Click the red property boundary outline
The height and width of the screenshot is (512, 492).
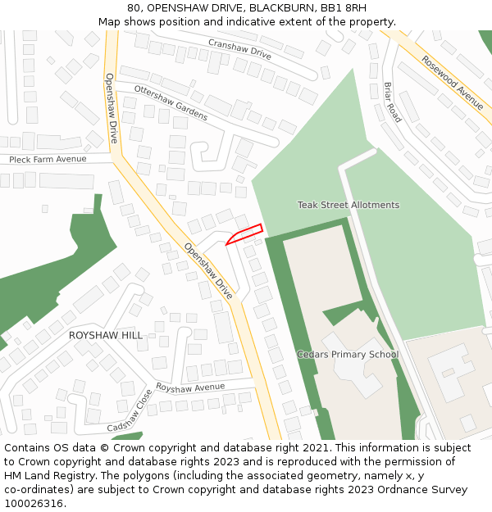tap(244, 233)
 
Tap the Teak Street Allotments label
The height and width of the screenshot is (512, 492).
tap(348, 205)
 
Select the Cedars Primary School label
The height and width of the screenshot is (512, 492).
tap(347, 355)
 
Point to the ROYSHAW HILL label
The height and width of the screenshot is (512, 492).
tap(105, 335)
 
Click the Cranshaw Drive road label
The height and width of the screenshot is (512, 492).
tap(239, 48)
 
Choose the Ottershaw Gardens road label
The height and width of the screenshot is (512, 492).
tap(171, 102)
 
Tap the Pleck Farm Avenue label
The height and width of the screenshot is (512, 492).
tap(48, 159)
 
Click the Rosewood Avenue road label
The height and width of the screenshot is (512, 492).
tap(452, 83)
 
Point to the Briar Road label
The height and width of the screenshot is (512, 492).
tap(393, 102)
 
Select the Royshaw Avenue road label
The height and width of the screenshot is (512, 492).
tap(190, 387)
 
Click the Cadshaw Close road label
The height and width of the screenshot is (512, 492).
tap(130, 412)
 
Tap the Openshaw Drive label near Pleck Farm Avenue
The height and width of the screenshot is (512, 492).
tap(112, 108)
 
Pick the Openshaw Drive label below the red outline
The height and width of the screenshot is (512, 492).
tap(208, 270)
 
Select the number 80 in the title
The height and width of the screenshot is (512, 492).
tap(134, 8)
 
